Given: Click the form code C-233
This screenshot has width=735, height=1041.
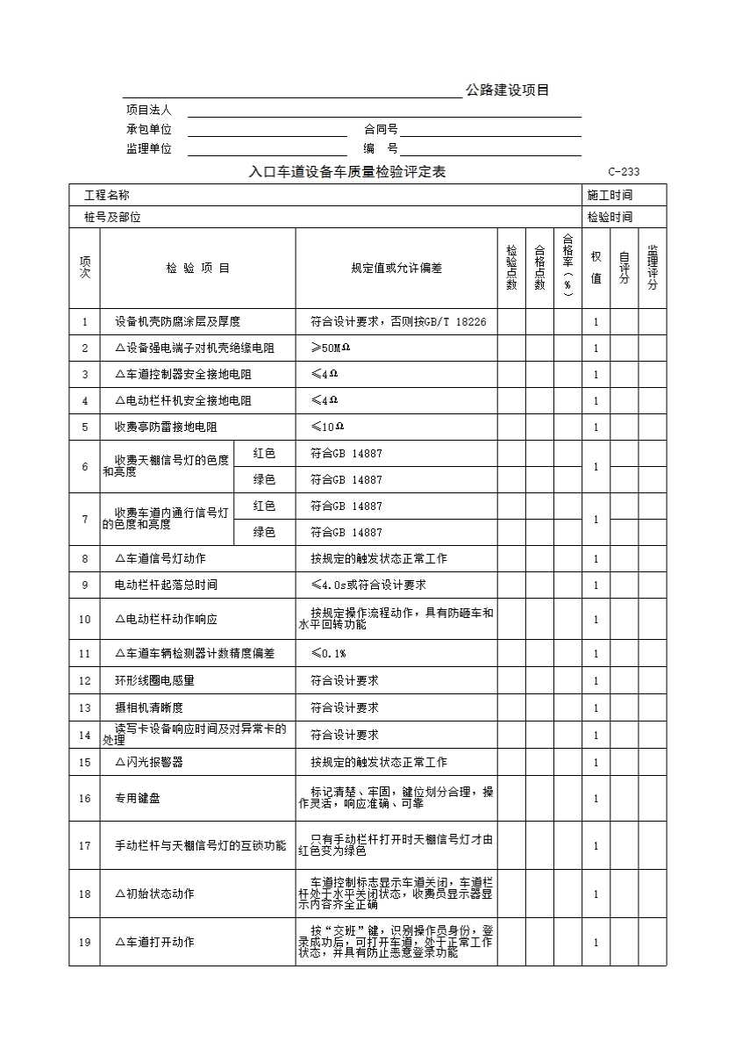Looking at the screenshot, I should (623, 172).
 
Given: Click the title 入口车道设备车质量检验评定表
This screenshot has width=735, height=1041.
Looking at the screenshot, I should (347, 172).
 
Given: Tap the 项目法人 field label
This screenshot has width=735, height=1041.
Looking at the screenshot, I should (149, 111).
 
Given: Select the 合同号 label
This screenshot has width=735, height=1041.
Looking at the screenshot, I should (381, 130).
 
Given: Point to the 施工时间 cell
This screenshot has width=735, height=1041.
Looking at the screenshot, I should (610, 195).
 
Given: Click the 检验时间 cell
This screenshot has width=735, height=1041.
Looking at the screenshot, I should (610, 217).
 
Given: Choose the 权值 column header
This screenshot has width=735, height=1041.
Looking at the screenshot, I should (596, 268).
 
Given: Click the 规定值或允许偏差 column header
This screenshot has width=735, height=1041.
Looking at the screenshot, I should (396, 268).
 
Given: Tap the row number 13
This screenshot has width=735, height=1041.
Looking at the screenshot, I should (85, 707).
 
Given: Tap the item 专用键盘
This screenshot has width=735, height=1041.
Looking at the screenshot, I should (137, 799).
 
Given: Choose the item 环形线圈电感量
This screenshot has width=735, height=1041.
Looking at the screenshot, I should (154, 680).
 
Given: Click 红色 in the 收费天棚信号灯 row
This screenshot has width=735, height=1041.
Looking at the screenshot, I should (264, 453).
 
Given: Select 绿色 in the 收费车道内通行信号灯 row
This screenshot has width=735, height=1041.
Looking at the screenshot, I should (264, 532).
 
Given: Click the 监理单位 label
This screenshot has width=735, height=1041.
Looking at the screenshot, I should (149, 149).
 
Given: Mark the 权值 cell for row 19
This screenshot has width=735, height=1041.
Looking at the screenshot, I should (596, 942).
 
